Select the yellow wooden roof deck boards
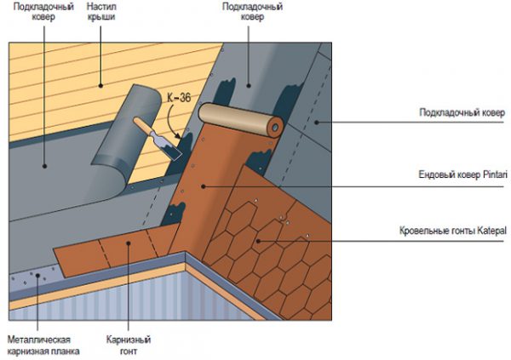click(x=94, y=77)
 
